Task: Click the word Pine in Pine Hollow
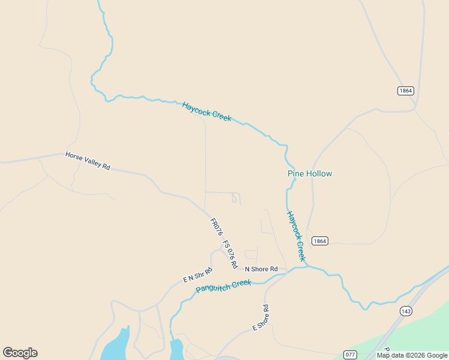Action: click(x=296, y=174)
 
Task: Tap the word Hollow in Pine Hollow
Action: click(x=319, y=174)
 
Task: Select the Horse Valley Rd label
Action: click(x=88, y=161)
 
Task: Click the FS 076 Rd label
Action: click(x=231, y=254)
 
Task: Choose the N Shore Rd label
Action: click(x=261, y=269)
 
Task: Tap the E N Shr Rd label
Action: click(x=198, y=275)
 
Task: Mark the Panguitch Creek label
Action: click(x=223, y=286)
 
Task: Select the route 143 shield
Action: click(x=406, y=311)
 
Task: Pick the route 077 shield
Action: click(x=351, y=354)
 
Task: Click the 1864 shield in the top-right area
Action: click(x=406, y=91)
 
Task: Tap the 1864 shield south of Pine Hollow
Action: click(x=320, y=241)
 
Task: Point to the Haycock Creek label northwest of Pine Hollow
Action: click(x=207, y=112)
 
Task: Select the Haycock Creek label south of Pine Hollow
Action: click(x=295, y=235)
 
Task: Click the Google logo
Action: click(x=20, y=353)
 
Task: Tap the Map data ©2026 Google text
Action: click(x=412, y=356)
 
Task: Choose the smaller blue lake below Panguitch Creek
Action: click(x=176, y=349)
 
